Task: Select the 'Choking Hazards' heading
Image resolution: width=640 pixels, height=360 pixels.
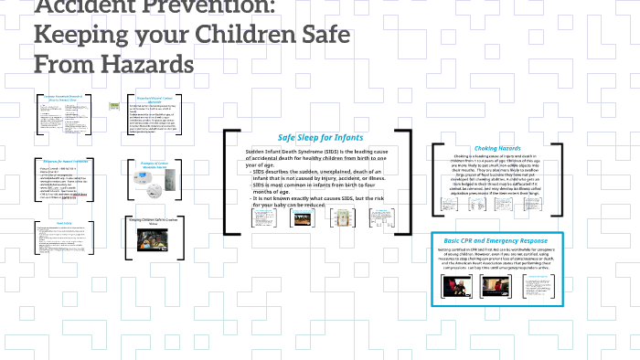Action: point(497,149)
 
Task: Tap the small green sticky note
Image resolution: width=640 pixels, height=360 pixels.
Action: point(113,105)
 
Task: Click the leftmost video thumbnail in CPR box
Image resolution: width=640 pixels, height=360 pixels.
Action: point(455,286)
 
